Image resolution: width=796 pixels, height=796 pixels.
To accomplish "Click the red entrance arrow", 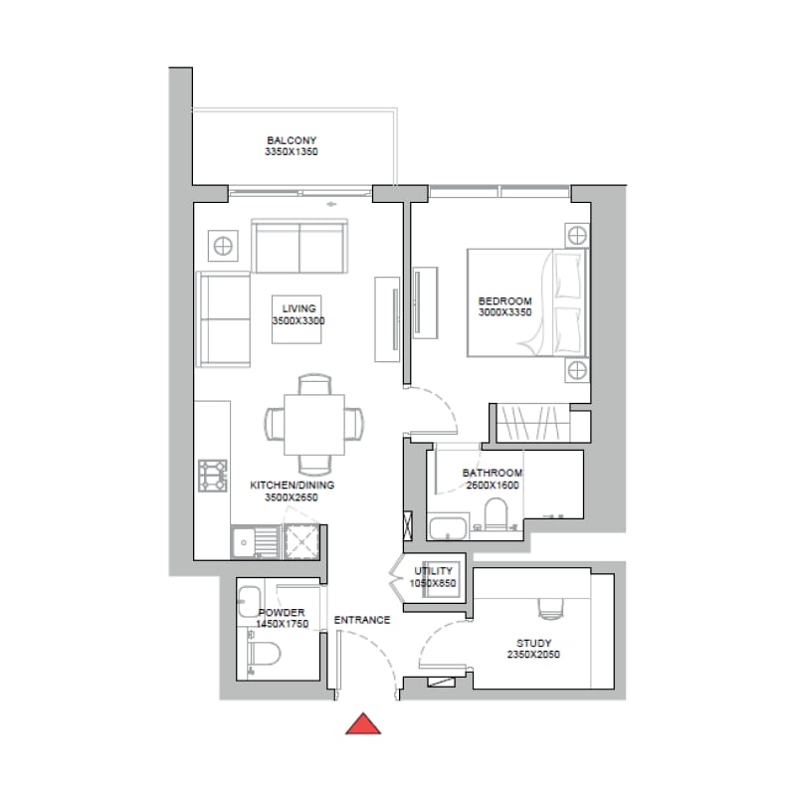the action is pyautogui.click(x=363, y=724).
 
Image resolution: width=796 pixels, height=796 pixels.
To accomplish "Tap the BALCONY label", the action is pyautogui.click(x=292, y=140).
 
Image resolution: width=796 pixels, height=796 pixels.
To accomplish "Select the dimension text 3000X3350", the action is pyautogui.click(x=504, y=312).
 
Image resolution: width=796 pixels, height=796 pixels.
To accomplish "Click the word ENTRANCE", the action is pyautogui.click(x=362, y=620).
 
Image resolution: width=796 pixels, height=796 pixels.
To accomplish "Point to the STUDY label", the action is pyautogui.click(x=533, y=643).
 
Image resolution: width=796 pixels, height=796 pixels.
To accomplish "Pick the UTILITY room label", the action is pyautogui.click(x=433, y=571).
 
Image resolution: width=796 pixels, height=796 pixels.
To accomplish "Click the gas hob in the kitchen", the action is pyautogui.click(x=213, y=476).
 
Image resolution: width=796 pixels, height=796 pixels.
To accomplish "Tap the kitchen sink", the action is pyautogui.click(x=255, y=542).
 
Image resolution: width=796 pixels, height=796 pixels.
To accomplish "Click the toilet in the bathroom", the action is pyautogui.click(x=496, y=513).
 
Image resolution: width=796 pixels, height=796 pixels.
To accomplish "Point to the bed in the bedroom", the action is pyautogui.click(x=527, y=302).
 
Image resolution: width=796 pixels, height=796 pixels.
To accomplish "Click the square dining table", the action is pyautogui.click(x=314, y=425).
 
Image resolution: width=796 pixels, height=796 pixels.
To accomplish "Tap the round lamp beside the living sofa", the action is pyautogui.click(x=223, y=246).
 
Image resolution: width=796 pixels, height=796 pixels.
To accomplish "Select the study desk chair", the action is pyautogui.click(x=551, y=609).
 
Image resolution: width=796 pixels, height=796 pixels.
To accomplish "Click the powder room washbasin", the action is pyautogui.click(x=250, y=602).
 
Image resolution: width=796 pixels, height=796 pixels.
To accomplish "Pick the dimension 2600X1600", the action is pyautogui.click(x=493, y=486).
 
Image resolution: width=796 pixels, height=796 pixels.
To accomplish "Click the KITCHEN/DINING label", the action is pyautogui.click(x=292, y=485).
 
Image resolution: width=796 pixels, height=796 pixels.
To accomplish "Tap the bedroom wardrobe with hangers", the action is pyautogui.click(x=532, y=423).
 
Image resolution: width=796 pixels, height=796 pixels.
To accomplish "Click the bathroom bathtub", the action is pyautogui.click(x=449, y=528).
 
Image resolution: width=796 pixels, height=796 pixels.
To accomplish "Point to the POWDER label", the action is pyautogui.click(x=282, y=613).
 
